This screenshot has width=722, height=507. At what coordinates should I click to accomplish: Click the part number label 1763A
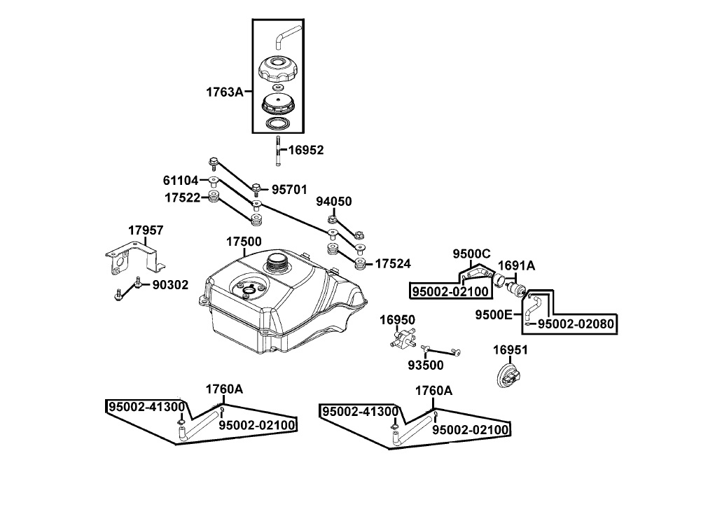[x=224, y=92]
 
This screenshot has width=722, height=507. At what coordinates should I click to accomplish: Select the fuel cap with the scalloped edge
[x=277, y=69]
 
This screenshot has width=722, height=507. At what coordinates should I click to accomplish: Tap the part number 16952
[x=306, y=150]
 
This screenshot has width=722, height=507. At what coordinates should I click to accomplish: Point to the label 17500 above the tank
[x=244, y=242]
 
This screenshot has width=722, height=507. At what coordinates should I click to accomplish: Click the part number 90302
[x=170, y=285]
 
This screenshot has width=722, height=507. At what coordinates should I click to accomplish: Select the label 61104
[x=181, y=180]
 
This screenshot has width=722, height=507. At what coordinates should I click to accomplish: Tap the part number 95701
[x=289, y=189]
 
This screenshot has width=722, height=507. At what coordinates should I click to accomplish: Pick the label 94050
[x=334, y=202]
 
